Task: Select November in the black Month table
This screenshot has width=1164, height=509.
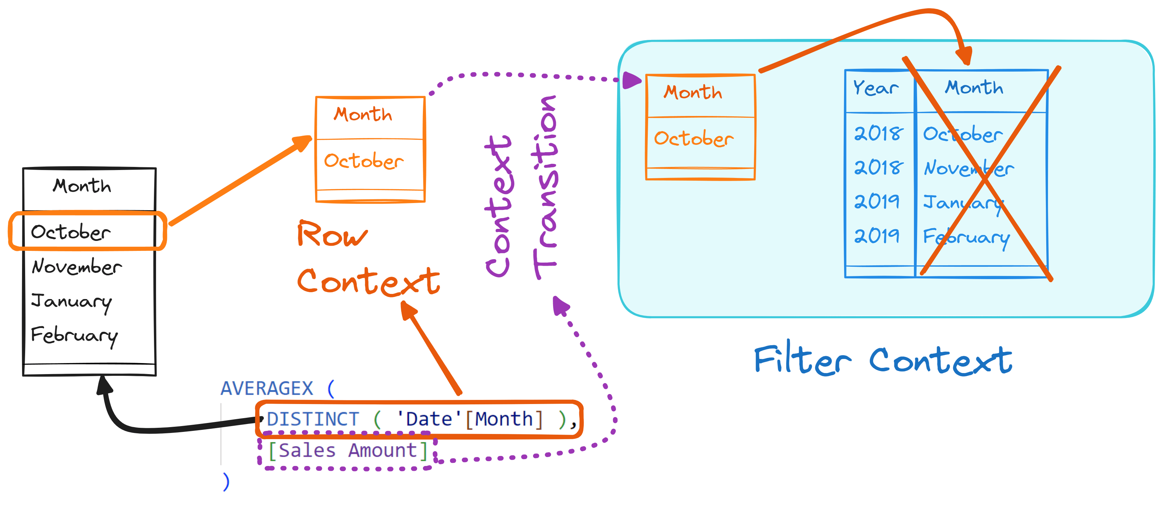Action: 77,266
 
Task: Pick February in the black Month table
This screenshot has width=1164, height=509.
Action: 74,336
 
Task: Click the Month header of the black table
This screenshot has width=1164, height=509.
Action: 82,185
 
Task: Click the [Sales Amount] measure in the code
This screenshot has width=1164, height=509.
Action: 347,450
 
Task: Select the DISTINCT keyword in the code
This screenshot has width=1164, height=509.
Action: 313,419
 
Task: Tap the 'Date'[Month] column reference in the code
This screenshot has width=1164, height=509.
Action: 470,419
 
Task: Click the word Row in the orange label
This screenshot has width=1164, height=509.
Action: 332,234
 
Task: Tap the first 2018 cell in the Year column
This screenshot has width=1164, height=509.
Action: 878,133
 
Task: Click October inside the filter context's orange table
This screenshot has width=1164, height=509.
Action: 694,138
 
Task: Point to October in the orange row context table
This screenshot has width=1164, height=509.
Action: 363,161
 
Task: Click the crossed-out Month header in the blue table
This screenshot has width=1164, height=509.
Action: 974,87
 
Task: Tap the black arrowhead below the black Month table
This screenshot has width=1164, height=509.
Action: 105,385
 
